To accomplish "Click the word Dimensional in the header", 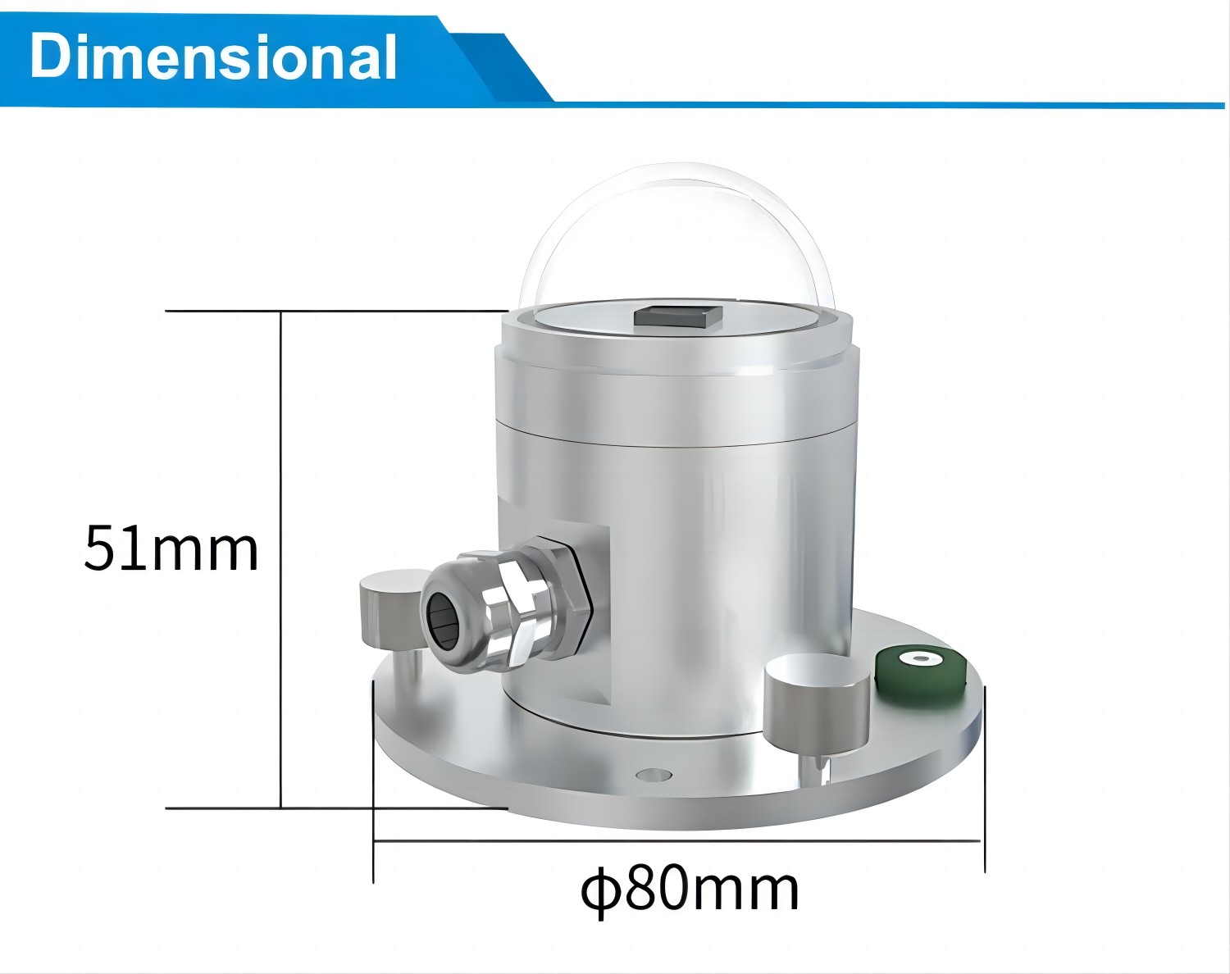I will (213, 57).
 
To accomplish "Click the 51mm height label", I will (171, 548).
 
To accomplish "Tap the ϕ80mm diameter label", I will (690, 890).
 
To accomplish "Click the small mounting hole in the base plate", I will (653, 774).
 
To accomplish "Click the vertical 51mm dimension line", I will (281, 558).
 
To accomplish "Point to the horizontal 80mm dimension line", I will (676, 840).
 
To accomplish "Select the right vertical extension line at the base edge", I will (984, 779).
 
